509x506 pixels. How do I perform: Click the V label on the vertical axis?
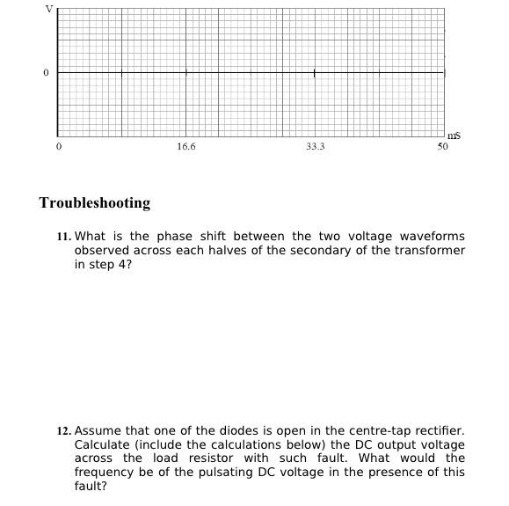49,8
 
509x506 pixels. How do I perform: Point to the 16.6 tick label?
185,147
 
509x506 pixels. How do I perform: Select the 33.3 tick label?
315,147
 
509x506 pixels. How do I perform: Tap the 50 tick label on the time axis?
442,147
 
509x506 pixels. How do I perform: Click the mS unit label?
454,136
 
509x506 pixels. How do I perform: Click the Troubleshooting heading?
95,203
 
